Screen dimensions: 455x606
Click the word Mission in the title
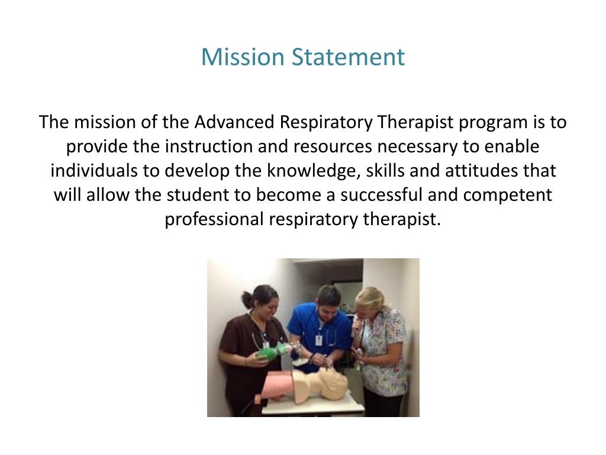[x=243, y=57]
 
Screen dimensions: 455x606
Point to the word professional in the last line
[x=214, y=219]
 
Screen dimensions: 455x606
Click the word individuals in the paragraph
[x=93, y=171]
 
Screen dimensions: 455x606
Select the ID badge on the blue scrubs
[x=319, y=340]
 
